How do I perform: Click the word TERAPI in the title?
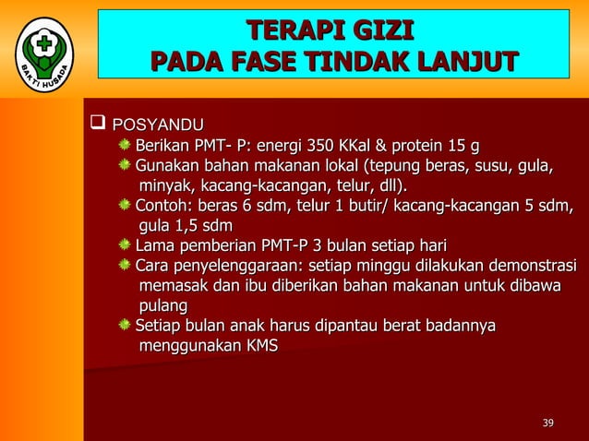click(x=281, y=30)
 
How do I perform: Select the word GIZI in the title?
click(x=379, y=30)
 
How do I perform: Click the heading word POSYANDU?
click(x=158, y=124)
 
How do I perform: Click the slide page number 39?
click(x=547, y=423)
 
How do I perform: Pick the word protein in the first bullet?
click(x=421, y=146)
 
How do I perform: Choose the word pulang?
click(x=162, y=305)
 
